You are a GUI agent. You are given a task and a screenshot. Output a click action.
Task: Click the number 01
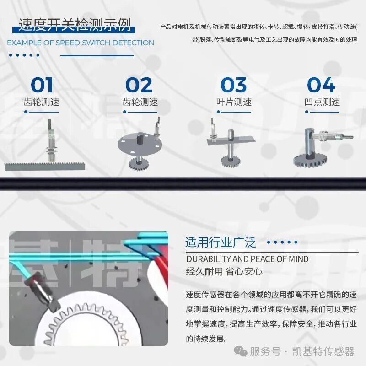42,85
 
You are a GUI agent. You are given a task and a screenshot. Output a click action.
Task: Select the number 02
139,85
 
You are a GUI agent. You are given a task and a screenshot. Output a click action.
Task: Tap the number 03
234,85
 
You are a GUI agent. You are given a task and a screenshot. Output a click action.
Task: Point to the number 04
321,85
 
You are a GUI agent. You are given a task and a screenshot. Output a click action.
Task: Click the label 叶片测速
234,102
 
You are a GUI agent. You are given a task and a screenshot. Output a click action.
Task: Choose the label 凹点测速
322,102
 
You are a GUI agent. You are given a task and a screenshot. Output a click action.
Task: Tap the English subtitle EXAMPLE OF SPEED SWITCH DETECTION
81,43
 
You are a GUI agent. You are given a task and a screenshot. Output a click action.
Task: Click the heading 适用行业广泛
221,242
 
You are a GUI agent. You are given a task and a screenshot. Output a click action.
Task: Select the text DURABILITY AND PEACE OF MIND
247,259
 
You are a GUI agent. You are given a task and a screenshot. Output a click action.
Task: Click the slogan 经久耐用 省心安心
224,271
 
